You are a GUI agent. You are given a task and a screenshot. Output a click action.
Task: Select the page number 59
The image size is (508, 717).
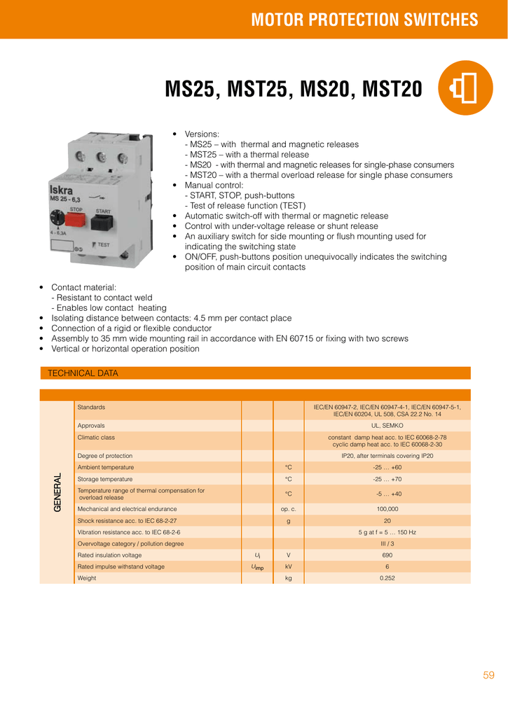[x=488, y=675]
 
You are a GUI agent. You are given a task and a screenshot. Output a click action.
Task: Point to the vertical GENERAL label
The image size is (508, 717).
[x=57, y=492]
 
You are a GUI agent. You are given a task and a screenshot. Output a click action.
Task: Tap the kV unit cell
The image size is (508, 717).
[x=288, y=566]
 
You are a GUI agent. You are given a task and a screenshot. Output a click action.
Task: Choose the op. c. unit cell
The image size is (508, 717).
[x=288, y=509]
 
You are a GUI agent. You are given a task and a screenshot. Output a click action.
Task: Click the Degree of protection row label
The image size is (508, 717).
[x=105, y=456]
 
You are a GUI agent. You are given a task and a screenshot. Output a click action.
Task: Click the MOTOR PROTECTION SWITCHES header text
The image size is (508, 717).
[x=364, y=20]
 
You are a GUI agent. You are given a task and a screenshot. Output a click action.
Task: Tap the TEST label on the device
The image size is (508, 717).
[x=102, y=244]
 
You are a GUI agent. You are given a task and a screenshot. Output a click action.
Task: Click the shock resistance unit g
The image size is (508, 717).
[x=288, y=521]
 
